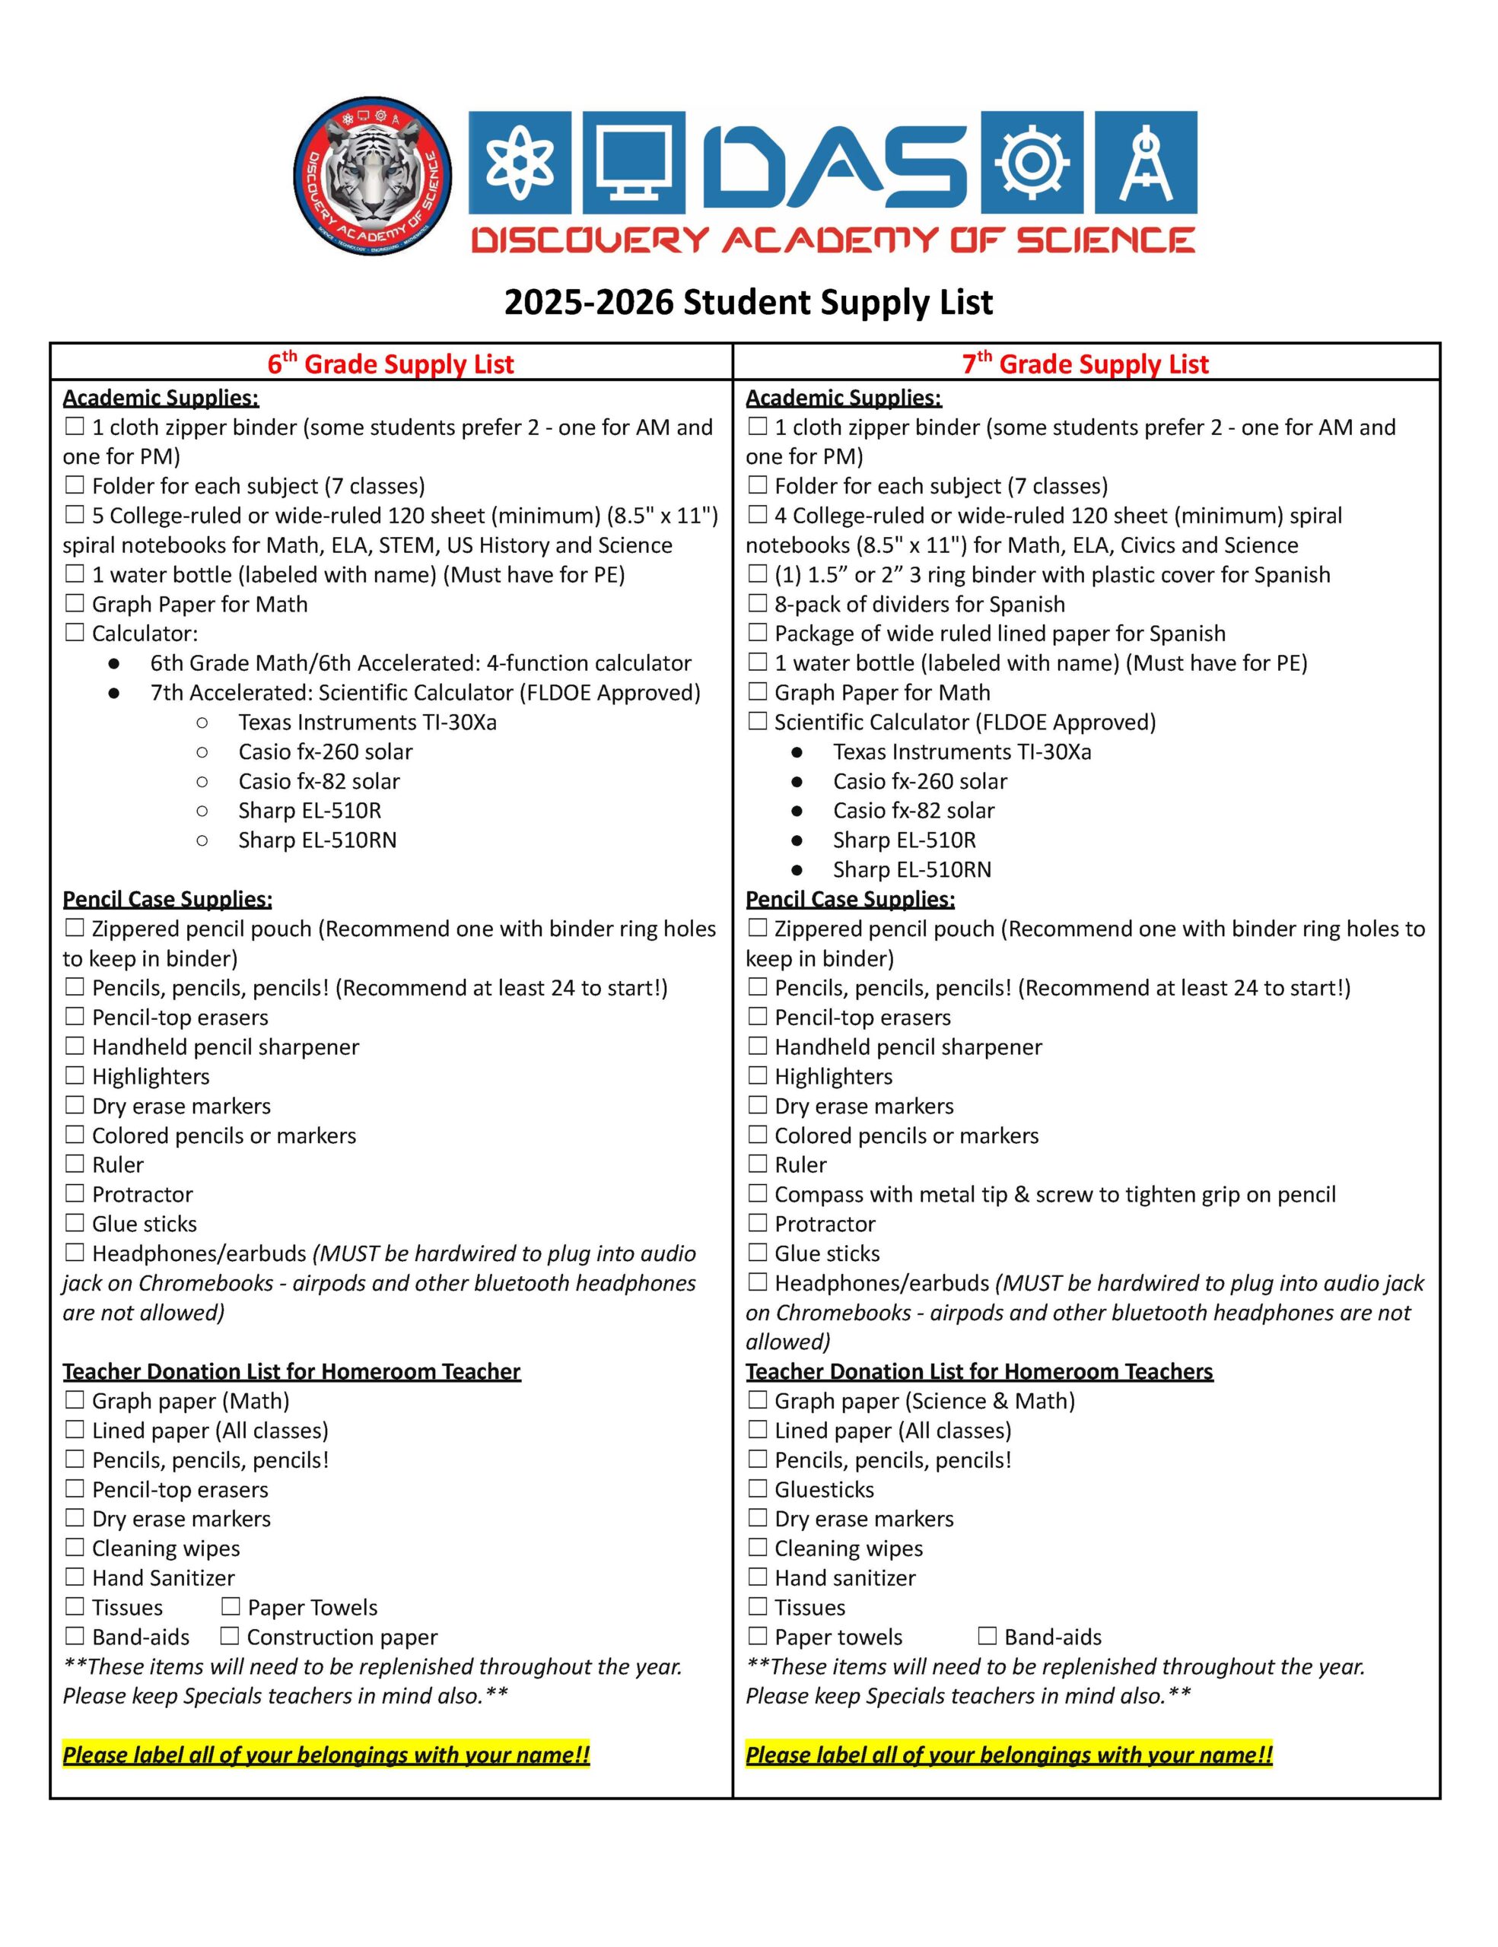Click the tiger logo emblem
click(373, 176)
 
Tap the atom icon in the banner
click(519, 164)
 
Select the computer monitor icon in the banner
click(633, 164)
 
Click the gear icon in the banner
click(1032, 164)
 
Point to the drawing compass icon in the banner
click(1145, 164)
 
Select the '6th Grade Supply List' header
click(390, 364)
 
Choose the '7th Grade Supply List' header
click(1085, 364)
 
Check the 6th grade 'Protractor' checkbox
click(75, 1194)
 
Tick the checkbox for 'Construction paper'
click(230, 1636)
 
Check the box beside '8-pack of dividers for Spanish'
click(757, 604)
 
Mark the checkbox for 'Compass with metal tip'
click(757, 1194)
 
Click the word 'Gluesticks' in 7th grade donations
click(824, 1489)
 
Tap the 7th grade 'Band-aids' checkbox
click(987, 1636)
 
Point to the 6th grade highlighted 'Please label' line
click(326, 1755)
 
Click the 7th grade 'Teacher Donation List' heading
click(979, 1371)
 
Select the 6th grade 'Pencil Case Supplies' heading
click(167, 899)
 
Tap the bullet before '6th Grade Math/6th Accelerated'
click(114, 663)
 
